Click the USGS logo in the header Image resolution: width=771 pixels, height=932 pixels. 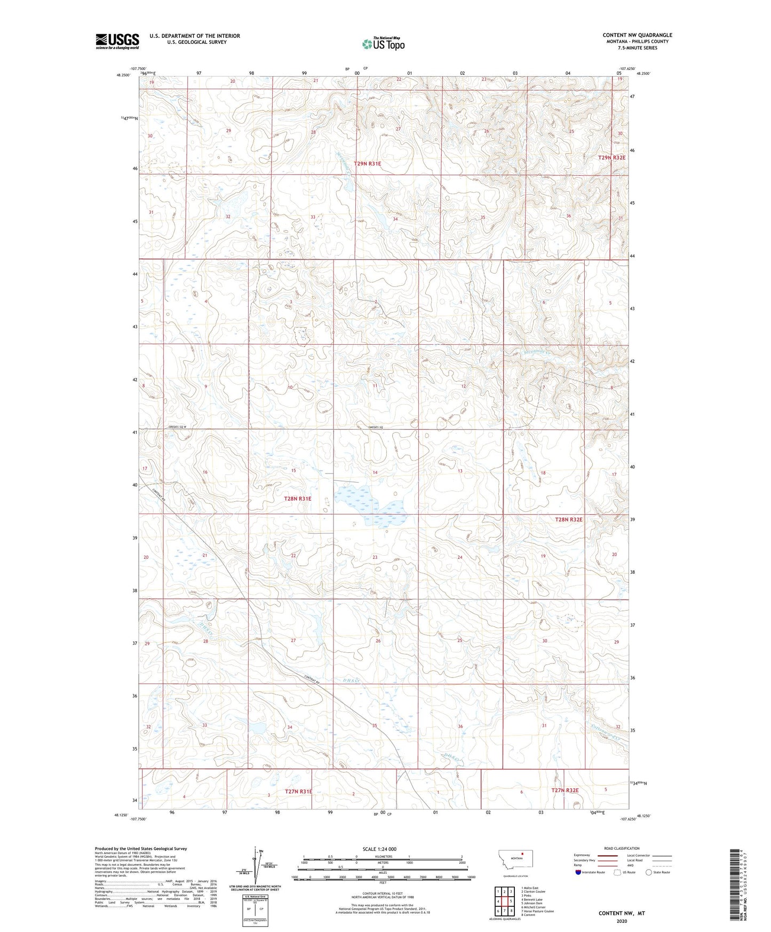(x=117, y=41)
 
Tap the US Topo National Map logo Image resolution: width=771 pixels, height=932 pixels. (x=383, y=44)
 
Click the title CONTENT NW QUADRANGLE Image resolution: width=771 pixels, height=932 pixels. (x=637, y=35)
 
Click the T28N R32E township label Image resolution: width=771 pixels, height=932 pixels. (x=569, y=519)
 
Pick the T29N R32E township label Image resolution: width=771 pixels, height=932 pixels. (x=611, y=157)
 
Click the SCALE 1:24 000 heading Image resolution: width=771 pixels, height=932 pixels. (x=379, y=849)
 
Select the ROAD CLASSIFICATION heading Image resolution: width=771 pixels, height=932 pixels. (x=622, y=848)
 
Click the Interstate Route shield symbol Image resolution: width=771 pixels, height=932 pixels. (x=578, y=872)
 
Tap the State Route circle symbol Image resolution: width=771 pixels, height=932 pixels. (x=649, y=872)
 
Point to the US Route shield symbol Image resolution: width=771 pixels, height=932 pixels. (x=617, y=872)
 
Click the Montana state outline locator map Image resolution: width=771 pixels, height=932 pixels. (x=515, y=859)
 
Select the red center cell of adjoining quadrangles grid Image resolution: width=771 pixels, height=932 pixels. (x=504, y=901)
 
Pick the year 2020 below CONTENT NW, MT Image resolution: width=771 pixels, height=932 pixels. (x=622, y=921)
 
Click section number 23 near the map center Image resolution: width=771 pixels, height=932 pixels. (x=375, y=557)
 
